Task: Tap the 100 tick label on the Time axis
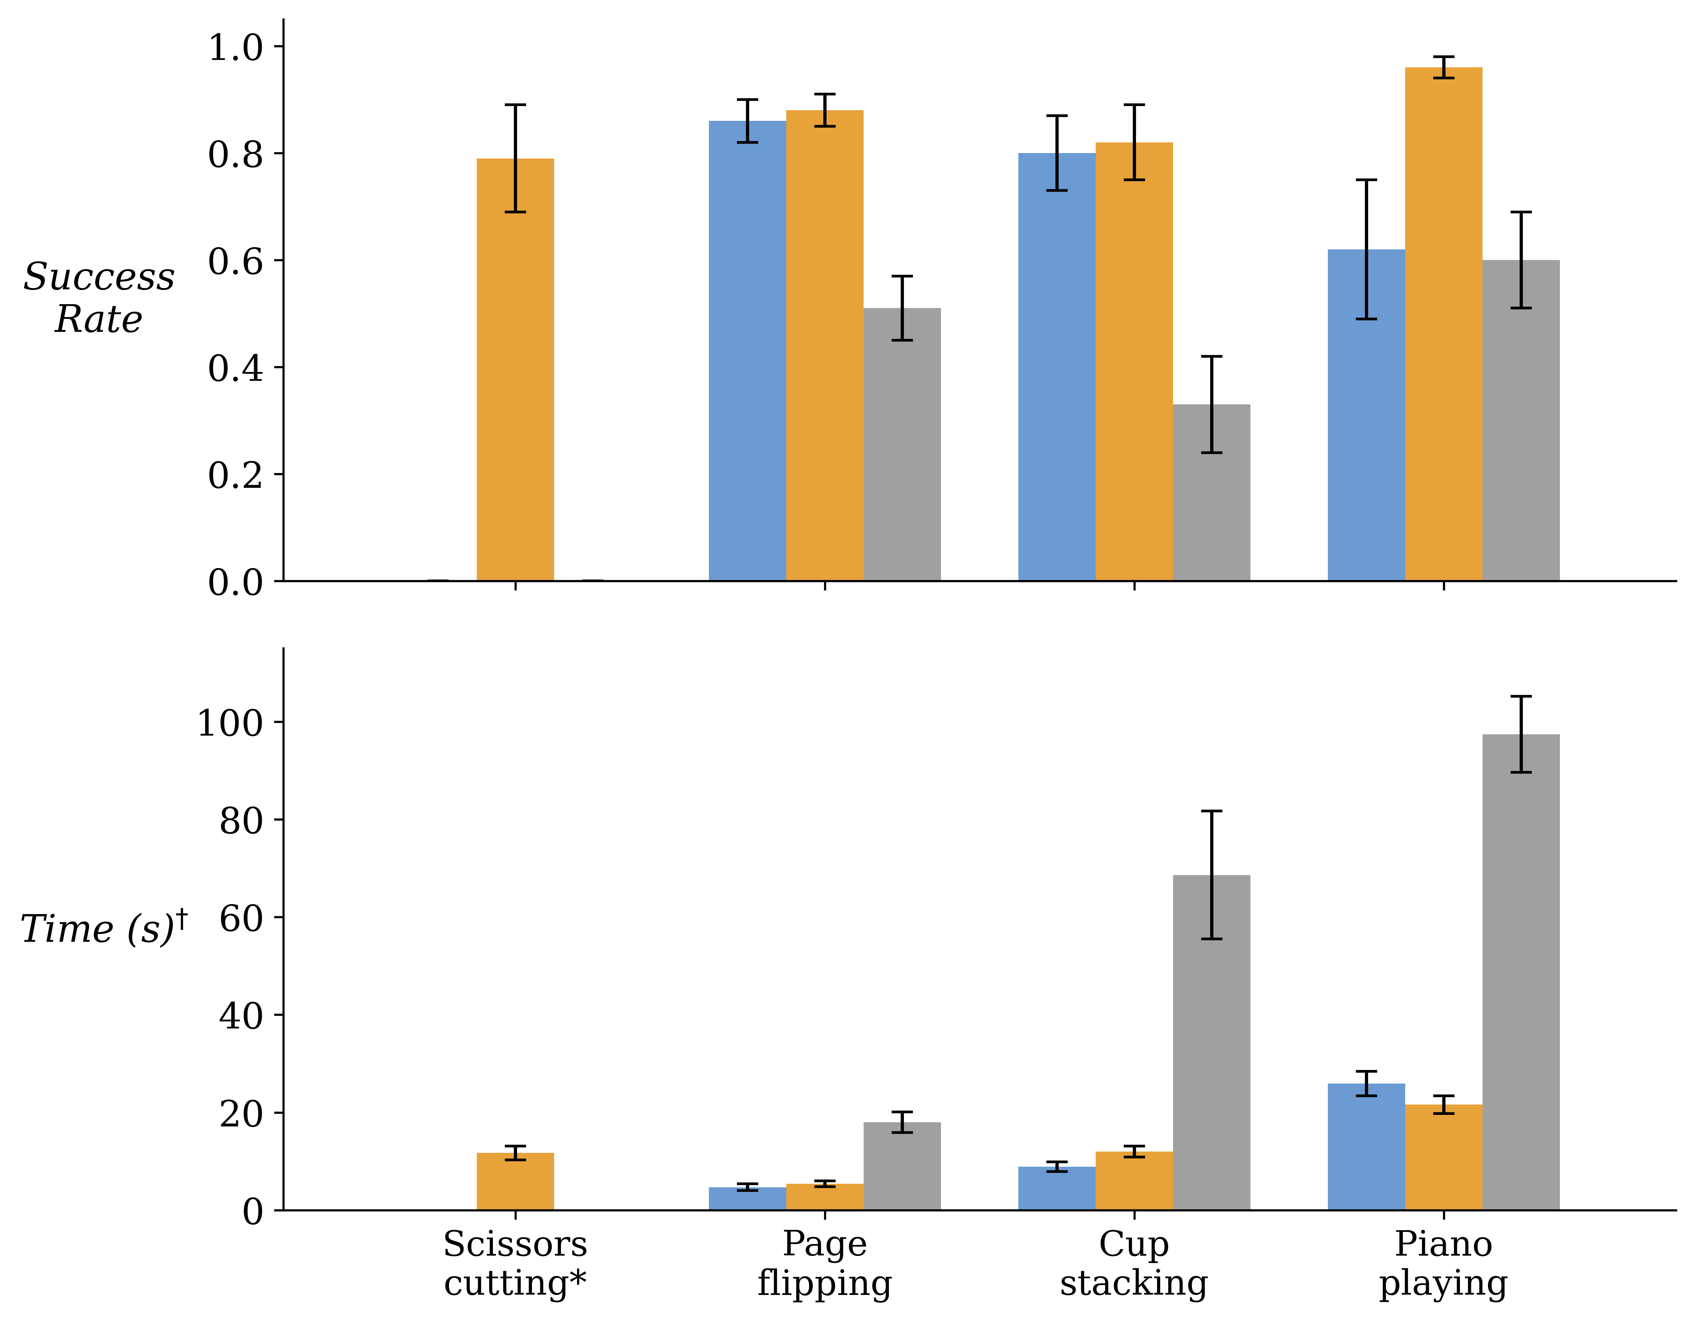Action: (x=230, y=724)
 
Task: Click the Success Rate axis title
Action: (x=99, y=298)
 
